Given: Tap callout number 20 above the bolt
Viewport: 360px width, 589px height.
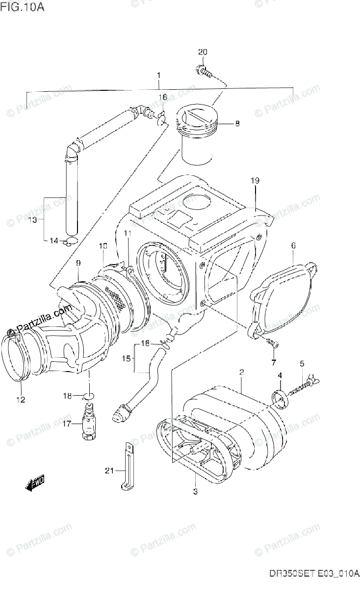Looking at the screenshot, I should pyautogui.click(x=203, y=53).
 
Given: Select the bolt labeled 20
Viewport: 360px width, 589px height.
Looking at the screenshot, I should pyautogui.click(x=205, y=72).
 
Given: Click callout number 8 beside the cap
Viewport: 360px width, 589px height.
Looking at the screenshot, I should pyautogui.click(x=237, y=124).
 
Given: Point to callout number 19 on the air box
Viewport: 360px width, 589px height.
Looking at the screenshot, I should pyautogui.click(x=255, y=181).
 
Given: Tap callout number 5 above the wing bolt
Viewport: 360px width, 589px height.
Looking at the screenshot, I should pyautogui.click(x=302, y=364).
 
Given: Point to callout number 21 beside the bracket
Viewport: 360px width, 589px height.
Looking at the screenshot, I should pyautogui.click(x=109, y=471).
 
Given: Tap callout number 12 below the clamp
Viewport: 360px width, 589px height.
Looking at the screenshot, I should pyautogui.click(x=20, y=400).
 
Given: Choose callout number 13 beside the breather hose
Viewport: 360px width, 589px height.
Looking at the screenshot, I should pyautogui.click(x=32, y=220).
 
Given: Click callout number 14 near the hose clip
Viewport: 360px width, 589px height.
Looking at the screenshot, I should pyautogui.click(x=53, y=241).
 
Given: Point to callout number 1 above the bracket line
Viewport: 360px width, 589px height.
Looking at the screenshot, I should pyautogui.click(x=158, y=76).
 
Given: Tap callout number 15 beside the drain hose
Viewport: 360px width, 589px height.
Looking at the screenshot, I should pyautogui.click(x=126, y=359).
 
